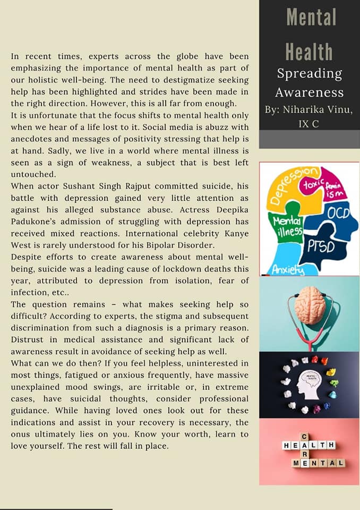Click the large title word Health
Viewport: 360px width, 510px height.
(310, 52)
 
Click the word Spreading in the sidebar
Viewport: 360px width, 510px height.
(309, 74)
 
